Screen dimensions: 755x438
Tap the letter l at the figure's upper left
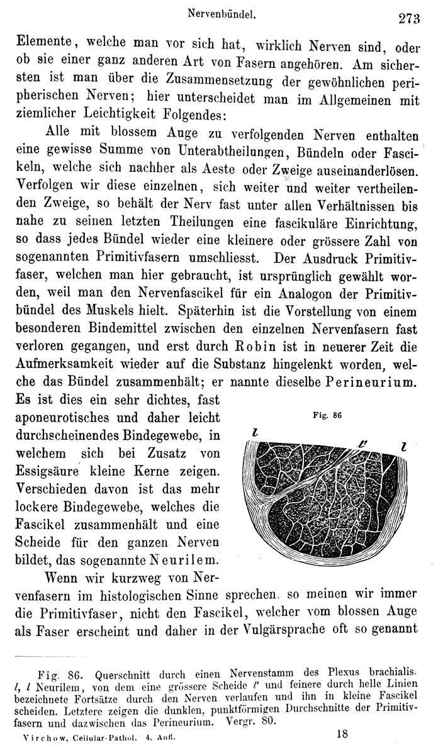[x=254, y=434]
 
